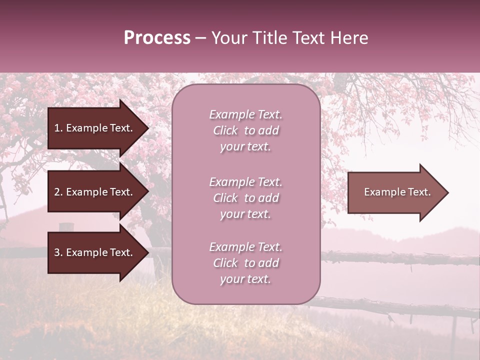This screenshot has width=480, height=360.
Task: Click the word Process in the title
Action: pos(157,38)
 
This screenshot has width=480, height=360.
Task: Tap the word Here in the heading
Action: pos(348,38)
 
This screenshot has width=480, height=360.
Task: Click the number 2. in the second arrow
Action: pos(58,192)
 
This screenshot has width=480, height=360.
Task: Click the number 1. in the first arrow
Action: pos(58,128)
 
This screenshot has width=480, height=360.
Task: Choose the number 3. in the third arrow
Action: pos(58,252)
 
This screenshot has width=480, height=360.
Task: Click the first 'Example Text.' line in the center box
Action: pos(245,114)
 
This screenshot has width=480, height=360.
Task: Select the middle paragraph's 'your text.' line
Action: pos(245,214)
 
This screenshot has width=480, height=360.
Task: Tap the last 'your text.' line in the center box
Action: pos(245,279)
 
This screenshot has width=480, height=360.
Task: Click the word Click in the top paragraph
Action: pos(225,130)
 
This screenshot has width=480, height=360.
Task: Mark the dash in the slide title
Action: pos(200,38)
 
